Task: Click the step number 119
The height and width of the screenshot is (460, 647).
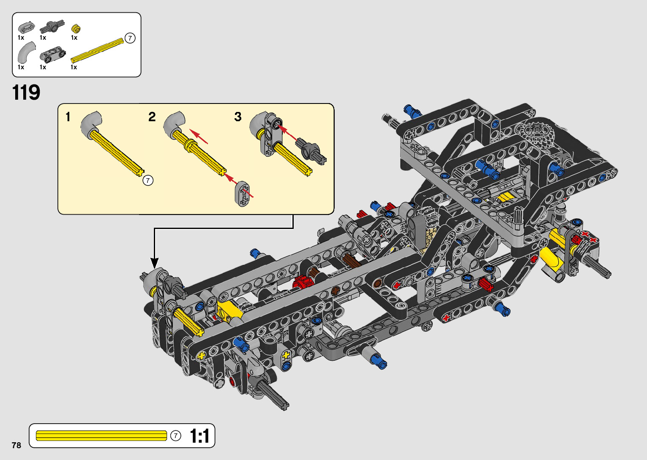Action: click(x=26, y=93)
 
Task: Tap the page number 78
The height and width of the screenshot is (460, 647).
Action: click(x=16, y=445)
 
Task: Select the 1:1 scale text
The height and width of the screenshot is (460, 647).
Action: click(x=199, y=436)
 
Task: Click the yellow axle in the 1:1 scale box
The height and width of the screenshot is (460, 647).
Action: click(x=101, y=436)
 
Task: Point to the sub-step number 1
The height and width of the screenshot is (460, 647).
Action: click(x=68, y=117)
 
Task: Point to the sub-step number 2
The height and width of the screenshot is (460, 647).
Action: click(x=152, y=117)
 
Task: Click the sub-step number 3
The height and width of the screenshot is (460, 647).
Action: click(x=238, y=117)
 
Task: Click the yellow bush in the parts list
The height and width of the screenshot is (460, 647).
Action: click(x=76, y=29)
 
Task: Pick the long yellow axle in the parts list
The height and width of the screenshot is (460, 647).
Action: click(x=97, y=51)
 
